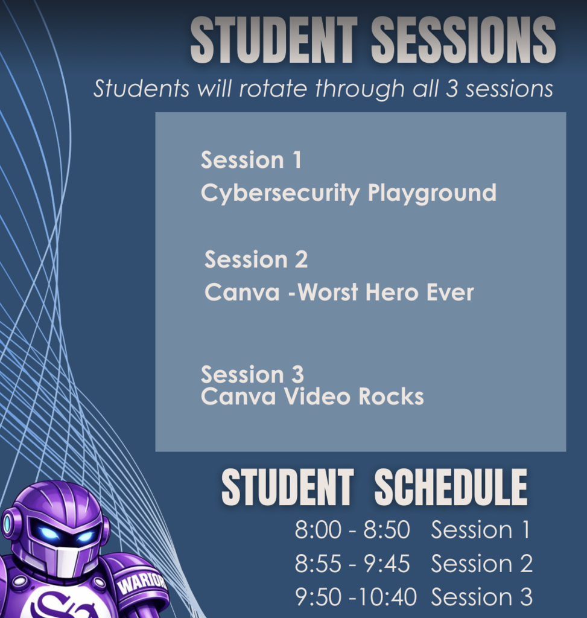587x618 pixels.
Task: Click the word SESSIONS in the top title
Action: coord(463,40)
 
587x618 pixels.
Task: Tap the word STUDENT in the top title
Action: coord(273,40)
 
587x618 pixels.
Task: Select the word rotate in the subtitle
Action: coord(273,88)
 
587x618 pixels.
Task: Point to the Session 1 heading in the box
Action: coord(251,160)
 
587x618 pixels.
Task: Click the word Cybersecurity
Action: coord(280,194)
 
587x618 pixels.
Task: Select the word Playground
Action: coord(432,194)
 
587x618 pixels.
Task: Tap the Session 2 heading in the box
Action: coord(256,260)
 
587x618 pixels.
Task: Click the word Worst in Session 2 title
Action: coord(328,293)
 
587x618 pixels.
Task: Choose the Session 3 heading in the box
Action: coord(252,374)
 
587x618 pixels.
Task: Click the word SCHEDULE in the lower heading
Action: coord(451,488)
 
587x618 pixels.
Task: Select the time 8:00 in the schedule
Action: coord(318,529)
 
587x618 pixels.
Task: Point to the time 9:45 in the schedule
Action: coord(387,563)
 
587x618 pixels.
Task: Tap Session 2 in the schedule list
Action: coord(481,563)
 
